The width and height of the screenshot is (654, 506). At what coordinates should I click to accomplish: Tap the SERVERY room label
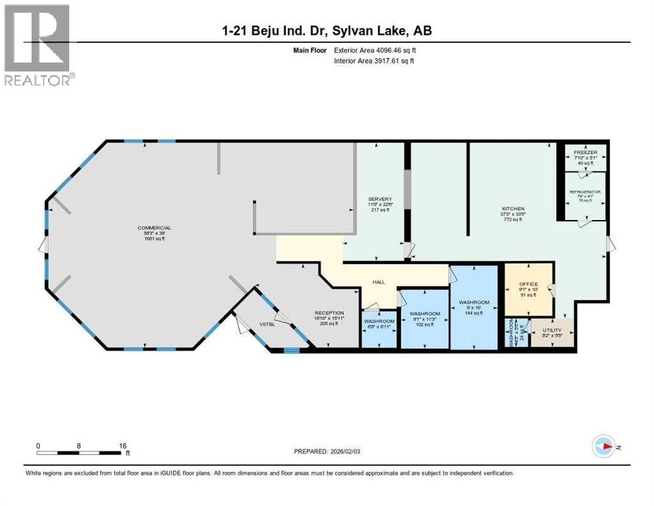point(380,199)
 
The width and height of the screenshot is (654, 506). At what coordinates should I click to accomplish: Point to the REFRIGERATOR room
point(584,196)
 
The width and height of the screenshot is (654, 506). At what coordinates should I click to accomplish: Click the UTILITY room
point(551,331)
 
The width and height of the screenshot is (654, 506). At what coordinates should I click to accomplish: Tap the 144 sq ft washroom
point(473,308)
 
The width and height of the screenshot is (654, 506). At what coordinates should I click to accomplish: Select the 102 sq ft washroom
point(424,319)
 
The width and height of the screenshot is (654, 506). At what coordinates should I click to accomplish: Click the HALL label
point(378,282)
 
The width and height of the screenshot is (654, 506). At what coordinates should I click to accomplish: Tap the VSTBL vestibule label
point(266,323)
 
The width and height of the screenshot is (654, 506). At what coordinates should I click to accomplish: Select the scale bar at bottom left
point(82,451)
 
